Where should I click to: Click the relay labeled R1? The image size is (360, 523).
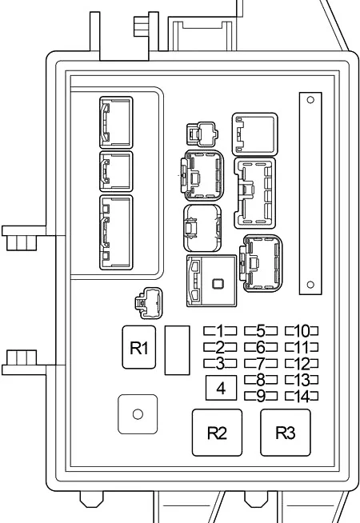(x=138, y=347)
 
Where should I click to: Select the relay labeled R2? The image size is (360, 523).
(x=218, y=433)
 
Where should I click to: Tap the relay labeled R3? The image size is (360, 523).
(x=286, y=433)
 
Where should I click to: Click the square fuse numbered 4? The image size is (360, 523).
(x=221, y=388)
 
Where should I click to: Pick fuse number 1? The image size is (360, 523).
(x=220, y=331)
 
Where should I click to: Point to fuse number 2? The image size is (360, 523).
(x=220, y=347)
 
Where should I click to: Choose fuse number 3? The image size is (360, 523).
(x=220, y=363)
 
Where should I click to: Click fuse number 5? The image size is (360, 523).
(x=261, y=331)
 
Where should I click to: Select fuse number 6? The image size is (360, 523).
(x=261, y=347)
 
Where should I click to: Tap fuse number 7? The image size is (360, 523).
(x=261, y=363)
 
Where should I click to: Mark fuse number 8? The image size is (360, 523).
(x=261, y=380)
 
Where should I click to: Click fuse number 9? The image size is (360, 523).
(x=261, y=396)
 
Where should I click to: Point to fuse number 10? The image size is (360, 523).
(x=302, y=331)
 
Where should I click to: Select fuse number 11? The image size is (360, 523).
(x=302, y=347)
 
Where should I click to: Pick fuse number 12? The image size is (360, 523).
(x=302, y=363)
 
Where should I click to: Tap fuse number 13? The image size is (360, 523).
(x=302, y=380)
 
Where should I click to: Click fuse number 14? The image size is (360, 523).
(x=302, y=396)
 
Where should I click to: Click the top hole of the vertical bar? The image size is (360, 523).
(x=310, y=100)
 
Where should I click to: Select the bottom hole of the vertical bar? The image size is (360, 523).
(x=310, y=285)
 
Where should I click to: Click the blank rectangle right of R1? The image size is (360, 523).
(x=177, y=350)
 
